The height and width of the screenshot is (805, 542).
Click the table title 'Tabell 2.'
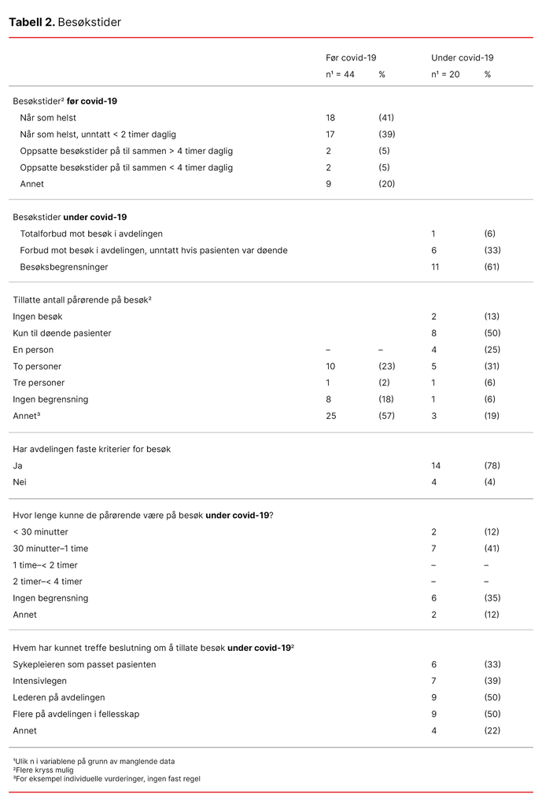pos(31,22)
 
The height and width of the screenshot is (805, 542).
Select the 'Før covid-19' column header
pos(351,58)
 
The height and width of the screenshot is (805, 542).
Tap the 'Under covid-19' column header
pos(462,58)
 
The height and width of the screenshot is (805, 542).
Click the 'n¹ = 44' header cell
pos(341,75)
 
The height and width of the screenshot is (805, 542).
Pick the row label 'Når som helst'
pos(48,118)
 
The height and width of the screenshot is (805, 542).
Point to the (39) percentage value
pos(386,134)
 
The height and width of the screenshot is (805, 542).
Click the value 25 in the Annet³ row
pos(331,416)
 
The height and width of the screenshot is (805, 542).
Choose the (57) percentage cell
pos(386,416)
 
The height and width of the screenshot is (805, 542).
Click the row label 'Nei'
pos(20,482)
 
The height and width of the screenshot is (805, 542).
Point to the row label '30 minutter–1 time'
pos(50,549)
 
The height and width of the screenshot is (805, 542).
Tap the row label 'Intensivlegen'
pos(39,681)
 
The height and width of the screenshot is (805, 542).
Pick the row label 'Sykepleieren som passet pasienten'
pos(84,664)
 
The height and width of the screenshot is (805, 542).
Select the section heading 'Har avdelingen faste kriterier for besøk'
pos(92,449)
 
